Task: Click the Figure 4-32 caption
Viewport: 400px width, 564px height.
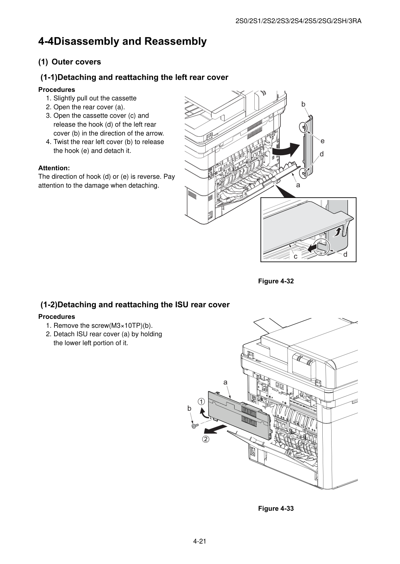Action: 276,281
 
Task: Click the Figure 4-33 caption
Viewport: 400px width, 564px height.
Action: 276,508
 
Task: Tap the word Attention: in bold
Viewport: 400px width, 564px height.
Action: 54,168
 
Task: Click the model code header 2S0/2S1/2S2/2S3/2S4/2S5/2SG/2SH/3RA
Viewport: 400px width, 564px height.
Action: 298,21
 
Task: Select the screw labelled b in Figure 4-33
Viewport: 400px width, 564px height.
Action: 195,426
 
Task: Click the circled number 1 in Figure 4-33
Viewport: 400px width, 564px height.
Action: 201,401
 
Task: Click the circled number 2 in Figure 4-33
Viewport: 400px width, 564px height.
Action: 206,439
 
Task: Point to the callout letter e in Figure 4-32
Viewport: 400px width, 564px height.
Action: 322,141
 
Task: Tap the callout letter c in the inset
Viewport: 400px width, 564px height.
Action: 296,257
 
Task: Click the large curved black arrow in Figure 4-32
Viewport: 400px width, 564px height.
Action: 287,149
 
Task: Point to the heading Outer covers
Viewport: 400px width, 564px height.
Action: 76,62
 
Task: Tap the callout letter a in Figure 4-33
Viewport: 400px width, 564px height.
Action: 225,383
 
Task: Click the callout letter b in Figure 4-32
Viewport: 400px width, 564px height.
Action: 303,104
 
